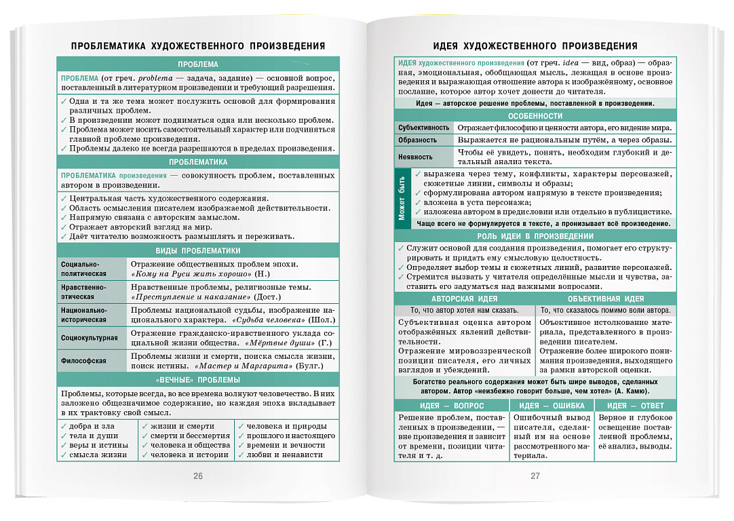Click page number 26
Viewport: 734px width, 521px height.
(198, 476)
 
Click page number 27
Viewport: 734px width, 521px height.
(535, 476)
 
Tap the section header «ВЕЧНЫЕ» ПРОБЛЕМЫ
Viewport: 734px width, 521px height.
(198, 381)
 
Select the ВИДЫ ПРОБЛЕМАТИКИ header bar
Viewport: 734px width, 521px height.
(198, 250)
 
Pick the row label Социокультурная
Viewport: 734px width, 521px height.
(89, 338)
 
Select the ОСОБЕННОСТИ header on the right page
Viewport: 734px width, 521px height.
(535, 116)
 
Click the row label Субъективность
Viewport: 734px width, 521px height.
(423, 128)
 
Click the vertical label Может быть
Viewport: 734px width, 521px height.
(402, 199)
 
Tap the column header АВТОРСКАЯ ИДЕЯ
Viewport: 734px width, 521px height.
(464, 298)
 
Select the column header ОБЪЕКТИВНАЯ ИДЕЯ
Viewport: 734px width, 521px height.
(606, 298)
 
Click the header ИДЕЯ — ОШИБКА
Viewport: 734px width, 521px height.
(551, 406)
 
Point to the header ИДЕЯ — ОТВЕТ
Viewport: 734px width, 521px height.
(636, 406)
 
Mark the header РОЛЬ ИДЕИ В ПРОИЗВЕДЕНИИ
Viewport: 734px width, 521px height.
(535, 236)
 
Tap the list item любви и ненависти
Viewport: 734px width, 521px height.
(284, 455)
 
